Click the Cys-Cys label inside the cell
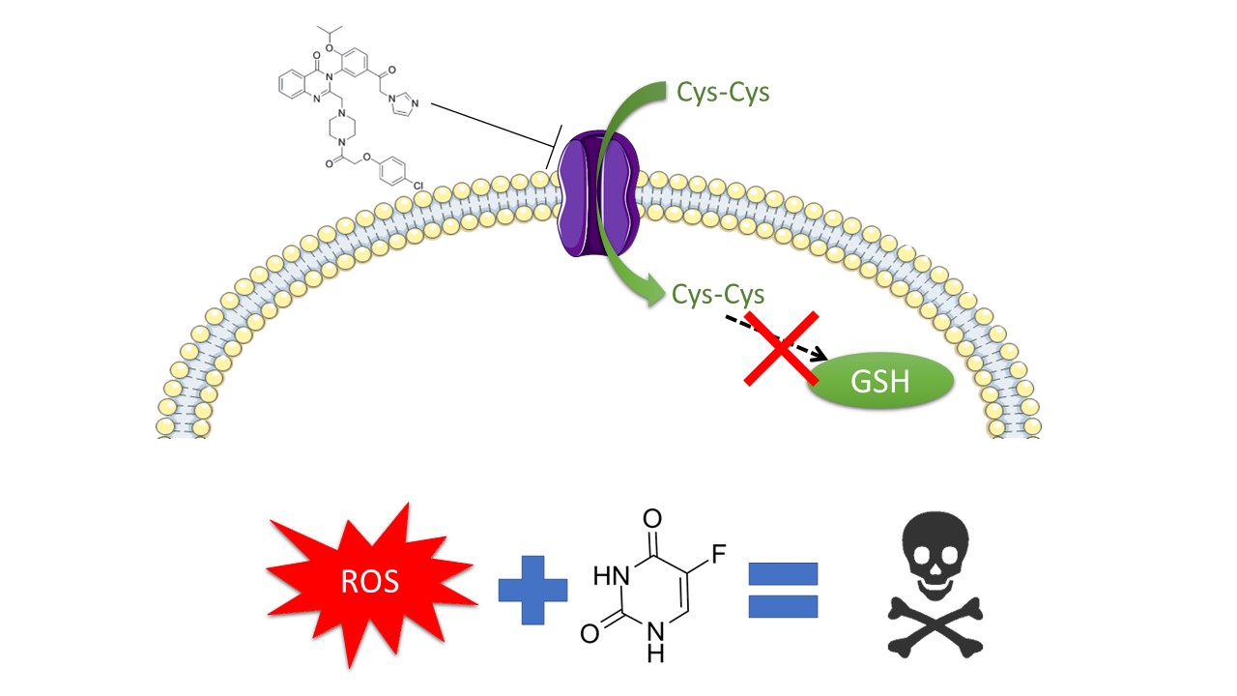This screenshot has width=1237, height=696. point(718,293)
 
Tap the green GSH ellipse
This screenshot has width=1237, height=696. point(880,381)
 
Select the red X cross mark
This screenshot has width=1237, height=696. point(784,348)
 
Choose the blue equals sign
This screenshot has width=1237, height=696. point(784,589)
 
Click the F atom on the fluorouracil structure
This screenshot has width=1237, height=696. point(720,555)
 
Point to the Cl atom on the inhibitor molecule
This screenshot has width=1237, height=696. point(418,182)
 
